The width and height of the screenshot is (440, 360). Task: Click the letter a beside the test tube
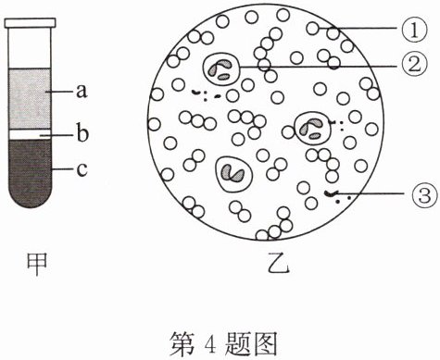click(82, 92)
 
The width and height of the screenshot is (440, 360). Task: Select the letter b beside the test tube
click(82, 133)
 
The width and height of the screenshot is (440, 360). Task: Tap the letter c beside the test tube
click(82, 169)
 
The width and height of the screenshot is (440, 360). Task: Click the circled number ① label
click(414, 31)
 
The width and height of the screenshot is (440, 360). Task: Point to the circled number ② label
click(414, 66)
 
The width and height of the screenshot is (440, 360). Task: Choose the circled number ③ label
click(424, 194)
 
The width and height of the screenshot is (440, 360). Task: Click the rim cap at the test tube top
click(30, 22)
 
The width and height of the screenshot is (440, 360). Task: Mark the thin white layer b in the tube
click(30, 134)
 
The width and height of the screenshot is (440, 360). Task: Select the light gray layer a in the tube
click(30, 99)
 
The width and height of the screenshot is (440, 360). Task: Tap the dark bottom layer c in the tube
click(30, 173)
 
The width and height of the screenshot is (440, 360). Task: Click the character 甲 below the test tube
click(37, 264)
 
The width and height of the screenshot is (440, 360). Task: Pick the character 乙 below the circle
click(278, 265)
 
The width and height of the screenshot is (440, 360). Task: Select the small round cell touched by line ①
click(313, 29)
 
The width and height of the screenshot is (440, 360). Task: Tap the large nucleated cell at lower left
click(234, 174)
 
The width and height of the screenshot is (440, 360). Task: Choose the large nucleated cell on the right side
click(313, 128)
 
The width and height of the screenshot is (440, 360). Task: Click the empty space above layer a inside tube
click(30, 48)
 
